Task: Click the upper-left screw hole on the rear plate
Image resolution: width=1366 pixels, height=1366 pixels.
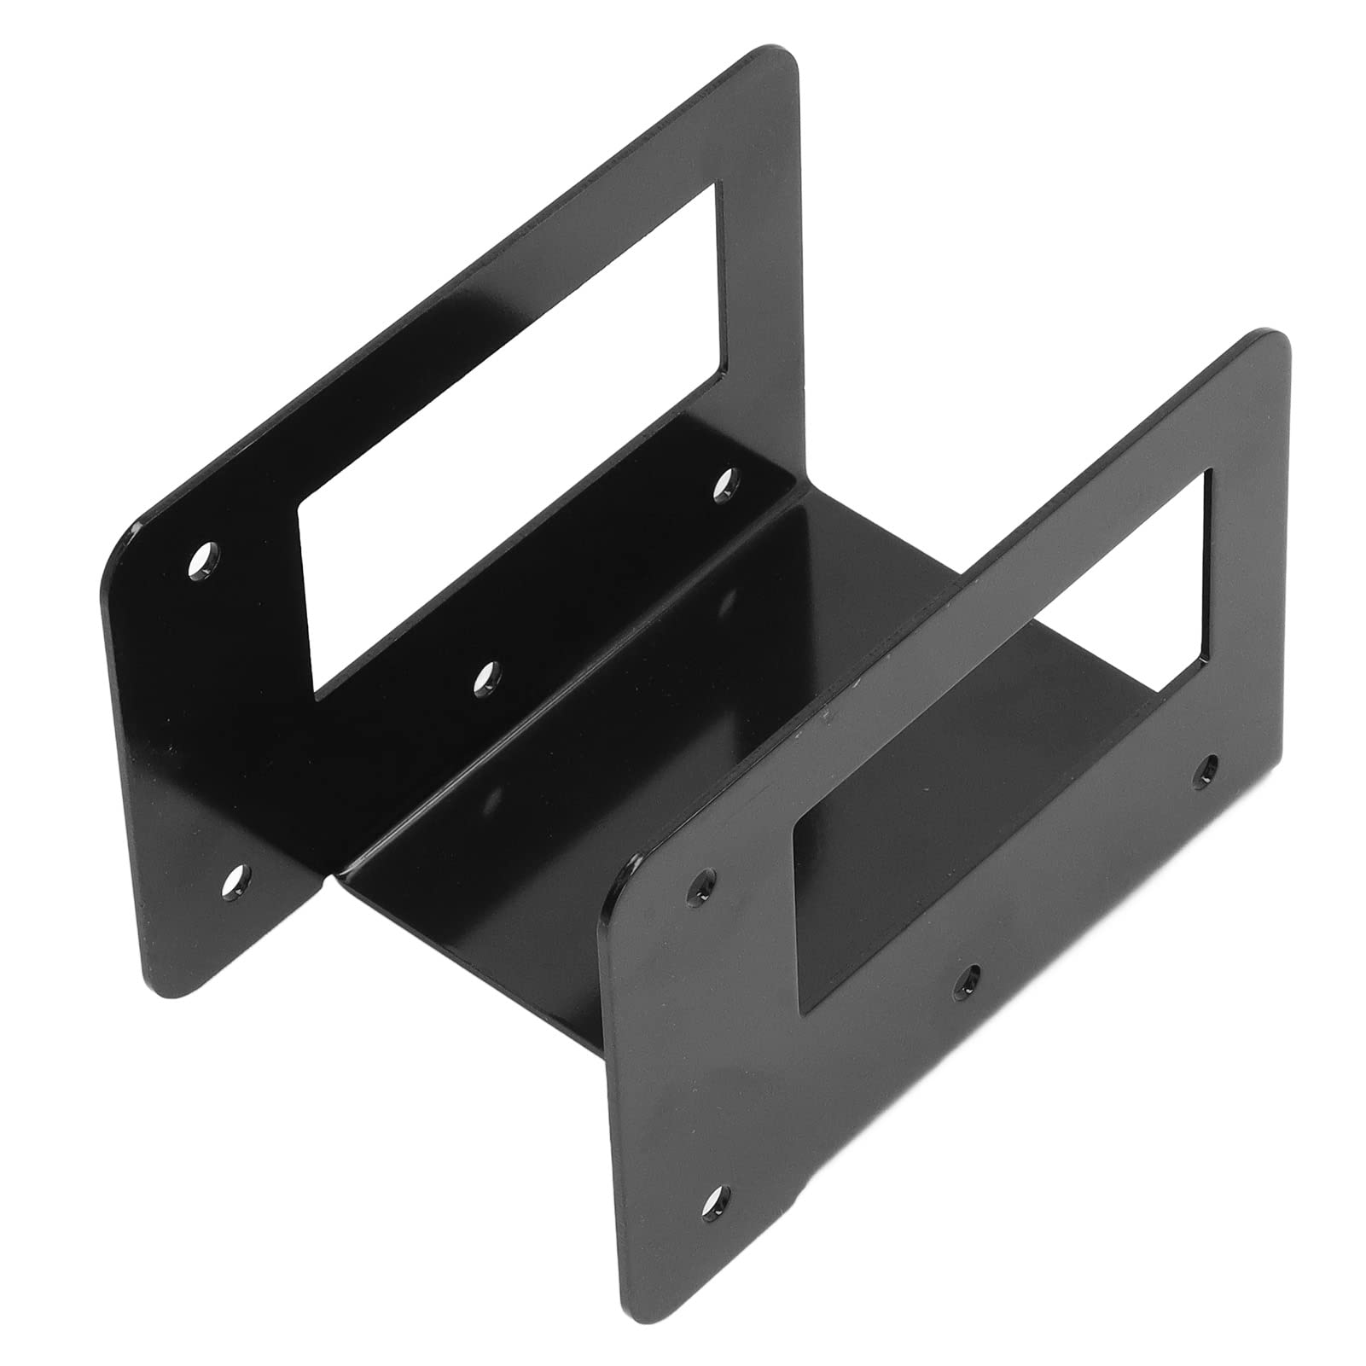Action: click(204, 559)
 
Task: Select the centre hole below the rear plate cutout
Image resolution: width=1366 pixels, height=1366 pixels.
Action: click(487, 676)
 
